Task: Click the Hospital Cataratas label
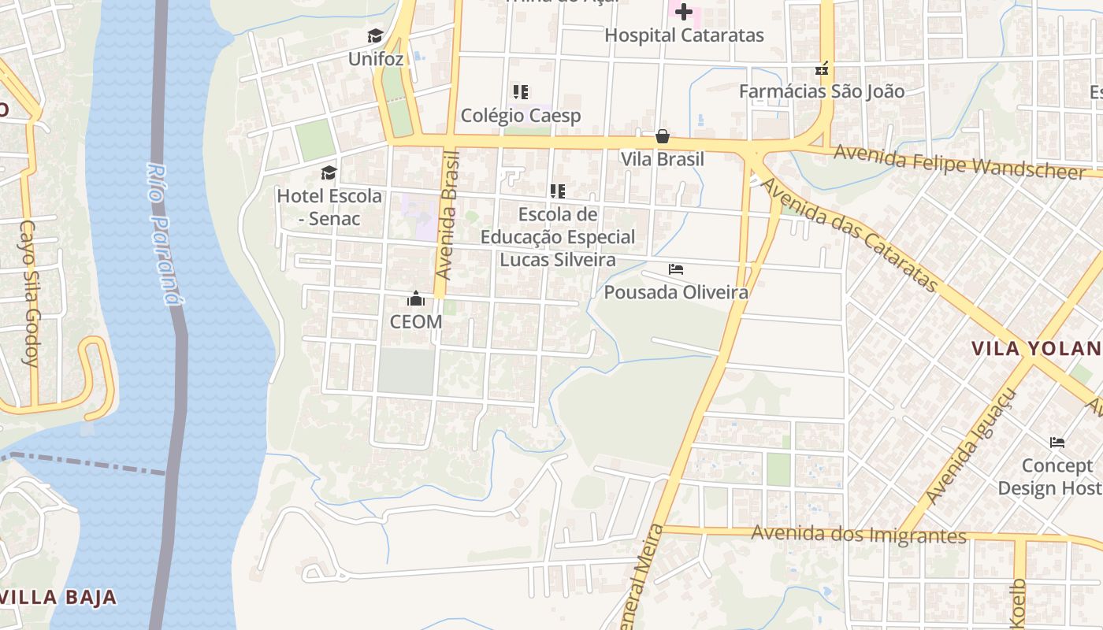click(x=684, y=35)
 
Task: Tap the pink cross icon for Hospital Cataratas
click(x=684, y=12)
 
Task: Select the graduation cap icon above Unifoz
click(x=375, y=36)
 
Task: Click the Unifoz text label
click(x=376, y=59)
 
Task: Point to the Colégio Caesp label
click(x=521, y=116)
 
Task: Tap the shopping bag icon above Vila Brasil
click(x=663, y=136)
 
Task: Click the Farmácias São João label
click(x=822, y=91)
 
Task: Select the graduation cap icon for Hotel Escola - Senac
click(x=329, y=172)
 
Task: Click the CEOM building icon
click(x=416, y=299)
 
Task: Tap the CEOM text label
click(x=416, y=322)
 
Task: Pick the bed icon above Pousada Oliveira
click(x=676, y=269)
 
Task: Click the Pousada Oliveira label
click(x=676, y=293)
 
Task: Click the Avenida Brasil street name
click(x=448, y=214)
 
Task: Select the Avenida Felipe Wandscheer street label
click(x=960, y=161)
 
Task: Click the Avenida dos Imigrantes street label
click(x=859, y=535)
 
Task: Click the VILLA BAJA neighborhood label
click(x=59, y=597)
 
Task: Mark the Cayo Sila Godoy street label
click(x=30, y=294)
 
